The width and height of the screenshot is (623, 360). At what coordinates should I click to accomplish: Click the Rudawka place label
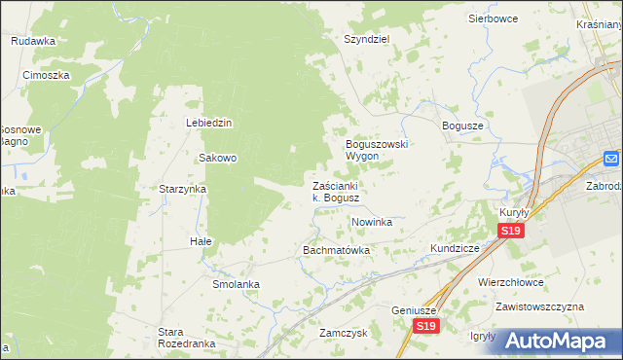point(33,41)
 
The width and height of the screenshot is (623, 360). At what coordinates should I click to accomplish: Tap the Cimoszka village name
point(45,75)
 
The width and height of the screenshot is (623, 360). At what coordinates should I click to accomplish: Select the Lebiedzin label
point(209,123)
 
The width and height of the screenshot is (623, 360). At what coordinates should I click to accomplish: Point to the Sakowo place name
point(218,158)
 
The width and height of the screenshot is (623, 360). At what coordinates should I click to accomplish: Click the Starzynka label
point(182,190)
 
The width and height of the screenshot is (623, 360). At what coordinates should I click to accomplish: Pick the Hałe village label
point(201,240)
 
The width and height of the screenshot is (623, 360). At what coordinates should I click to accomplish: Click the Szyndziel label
point(366,39)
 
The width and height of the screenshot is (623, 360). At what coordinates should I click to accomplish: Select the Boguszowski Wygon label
point(377,150)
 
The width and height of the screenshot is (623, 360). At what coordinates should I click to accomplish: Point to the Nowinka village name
point(371,222)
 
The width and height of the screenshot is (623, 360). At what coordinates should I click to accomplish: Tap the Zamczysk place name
point(342,332)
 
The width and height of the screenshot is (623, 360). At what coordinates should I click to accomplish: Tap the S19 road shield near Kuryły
point(511,231)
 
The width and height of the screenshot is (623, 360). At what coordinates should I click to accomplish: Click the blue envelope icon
point(611,159)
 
